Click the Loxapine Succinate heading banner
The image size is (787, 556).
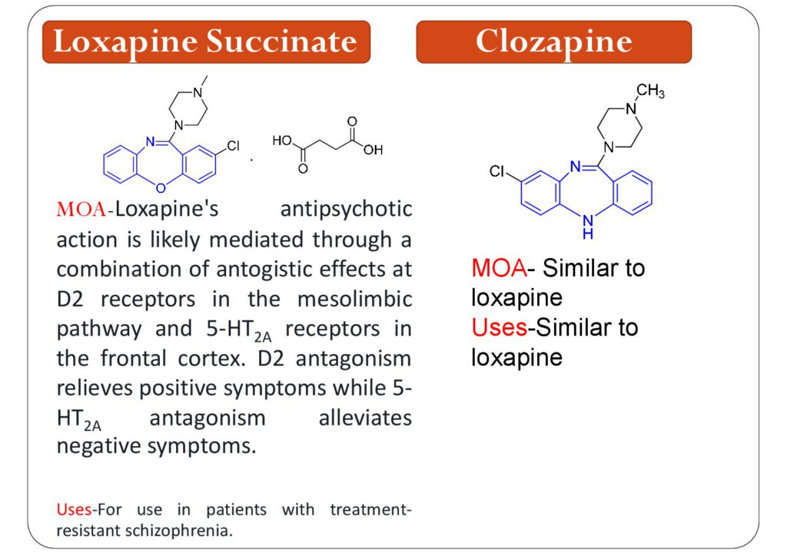coord(205,41)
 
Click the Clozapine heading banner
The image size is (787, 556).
coord(553,41)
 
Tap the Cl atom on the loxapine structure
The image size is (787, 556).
coord(234,146)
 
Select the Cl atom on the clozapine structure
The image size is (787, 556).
coord(497,172)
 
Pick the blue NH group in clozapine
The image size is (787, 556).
coord(587,223)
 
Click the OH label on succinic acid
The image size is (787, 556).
coord(373,151)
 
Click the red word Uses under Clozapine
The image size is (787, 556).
coord(499,328)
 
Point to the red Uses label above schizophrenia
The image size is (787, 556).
coord(74,509)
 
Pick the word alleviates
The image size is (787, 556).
coord(364,419)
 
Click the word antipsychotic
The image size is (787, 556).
coord(346,209)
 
